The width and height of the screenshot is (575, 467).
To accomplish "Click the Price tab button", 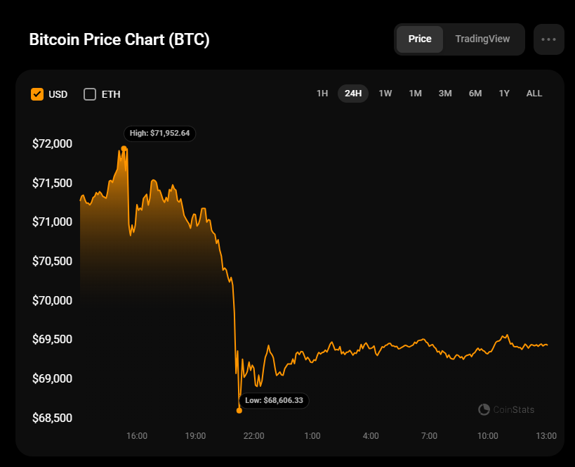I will pos(420,39).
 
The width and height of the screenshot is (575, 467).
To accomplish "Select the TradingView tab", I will pos(482,39).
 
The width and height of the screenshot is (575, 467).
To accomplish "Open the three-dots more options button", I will pos(548,39).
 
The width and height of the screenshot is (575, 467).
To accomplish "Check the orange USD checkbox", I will pos(37,94).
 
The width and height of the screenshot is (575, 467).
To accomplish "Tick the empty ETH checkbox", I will pos(90,94).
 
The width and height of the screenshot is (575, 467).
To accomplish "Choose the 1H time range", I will pos(322,94).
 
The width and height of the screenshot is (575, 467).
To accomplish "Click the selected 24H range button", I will pos(353,94).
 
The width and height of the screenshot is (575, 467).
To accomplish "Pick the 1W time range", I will pos(385,94).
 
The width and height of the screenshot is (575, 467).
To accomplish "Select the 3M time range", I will pos(445,94).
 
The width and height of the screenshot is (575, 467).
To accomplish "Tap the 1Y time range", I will pos(504,94).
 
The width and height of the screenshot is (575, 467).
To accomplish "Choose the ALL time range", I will pos(534,94).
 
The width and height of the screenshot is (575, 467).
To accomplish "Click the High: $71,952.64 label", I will pos(159,133).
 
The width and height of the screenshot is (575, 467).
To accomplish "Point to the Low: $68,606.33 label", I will pos(274,400).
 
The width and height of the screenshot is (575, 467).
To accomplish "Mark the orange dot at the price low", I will pos(239,410).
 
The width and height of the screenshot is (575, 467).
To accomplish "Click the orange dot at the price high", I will pos(124,148).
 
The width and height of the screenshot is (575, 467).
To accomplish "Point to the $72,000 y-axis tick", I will pos(53,144).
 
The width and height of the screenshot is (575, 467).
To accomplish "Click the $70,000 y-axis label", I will pos(53,300).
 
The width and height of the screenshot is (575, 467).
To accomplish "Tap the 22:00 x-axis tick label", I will pos(253,436).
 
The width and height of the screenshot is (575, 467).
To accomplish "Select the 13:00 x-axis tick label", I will pos(546,436).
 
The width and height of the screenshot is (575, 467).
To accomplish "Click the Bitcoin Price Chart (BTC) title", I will pos(119,40).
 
